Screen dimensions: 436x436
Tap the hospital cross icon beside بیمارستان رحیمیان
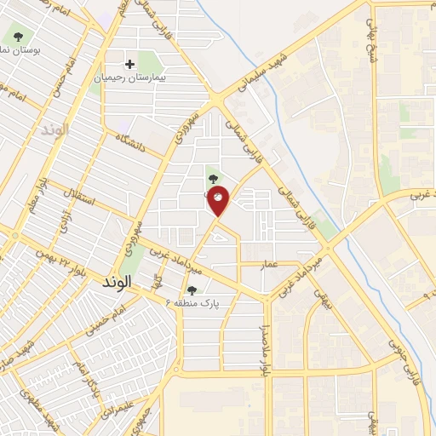[129, 64]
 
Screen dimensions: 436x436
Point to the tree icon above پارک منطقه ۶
[192, 290]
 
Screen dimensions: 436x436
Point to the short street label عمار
[270, 265]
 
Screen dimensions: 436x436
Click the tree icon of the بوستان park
[18, 37]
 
